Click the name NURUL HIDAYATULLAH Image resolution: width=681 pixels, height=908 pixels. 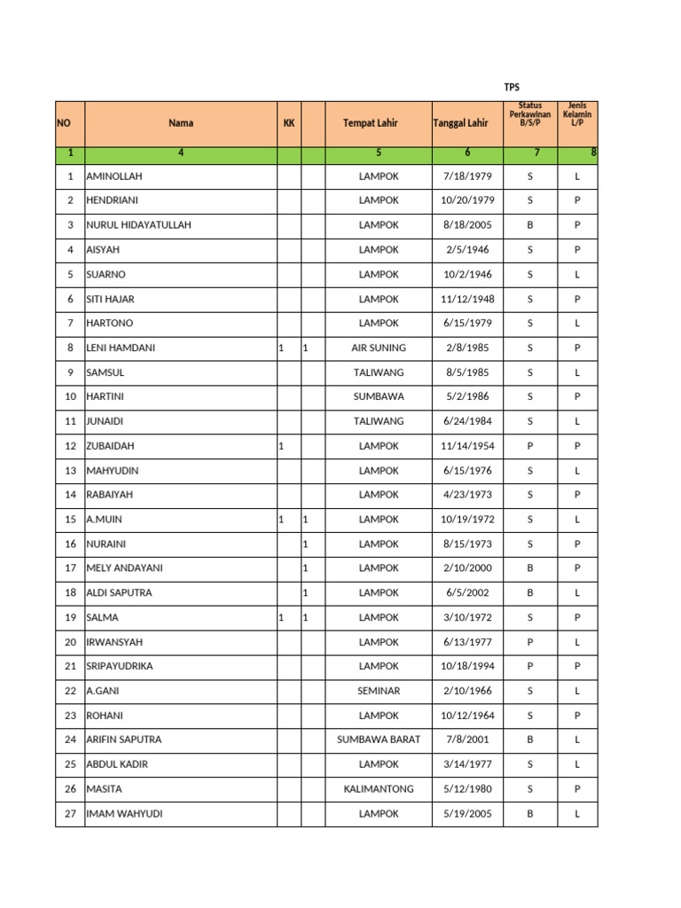138,225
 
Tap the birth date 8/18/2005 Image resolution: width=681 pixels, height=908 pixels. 467,225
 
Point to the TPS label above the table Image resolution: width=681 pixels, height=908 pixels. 511,87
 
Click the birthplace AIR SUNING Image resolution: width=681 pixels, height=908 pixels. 379,348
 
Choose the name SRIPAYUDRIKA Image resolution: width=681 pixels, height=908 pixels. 120,666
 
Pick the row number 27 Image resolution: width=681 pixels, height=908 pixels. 70,813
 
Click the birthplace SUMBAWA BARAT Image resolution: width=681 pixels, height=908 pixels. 379,740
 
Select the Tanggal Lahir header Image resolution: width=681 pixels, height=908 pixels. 460,123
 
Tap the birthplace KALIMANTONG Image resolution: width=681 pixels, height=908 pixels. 379,788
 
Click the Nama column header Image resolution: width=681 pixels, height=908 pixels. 181,123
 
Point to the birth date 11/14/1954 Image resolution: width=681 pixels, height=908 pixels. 467,446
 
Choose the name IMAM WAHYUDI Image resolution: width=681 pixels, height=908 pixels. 124,813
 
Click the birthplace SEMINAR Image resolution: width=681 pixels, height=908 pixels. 379,691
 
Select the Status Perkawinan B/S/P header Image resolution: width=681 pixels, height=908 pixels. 529,114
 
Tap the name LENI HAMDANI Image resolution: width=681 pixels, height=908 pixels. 121,348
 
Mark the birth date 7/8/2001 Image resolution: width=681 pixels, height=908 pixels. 467,740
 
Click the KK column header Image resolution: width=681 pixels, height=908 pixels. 288,123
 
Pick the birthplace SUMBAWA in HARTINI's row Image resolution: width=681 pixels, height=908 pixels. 379,396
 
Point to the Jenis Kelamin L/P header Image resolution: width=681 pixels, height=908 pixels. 577,114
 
